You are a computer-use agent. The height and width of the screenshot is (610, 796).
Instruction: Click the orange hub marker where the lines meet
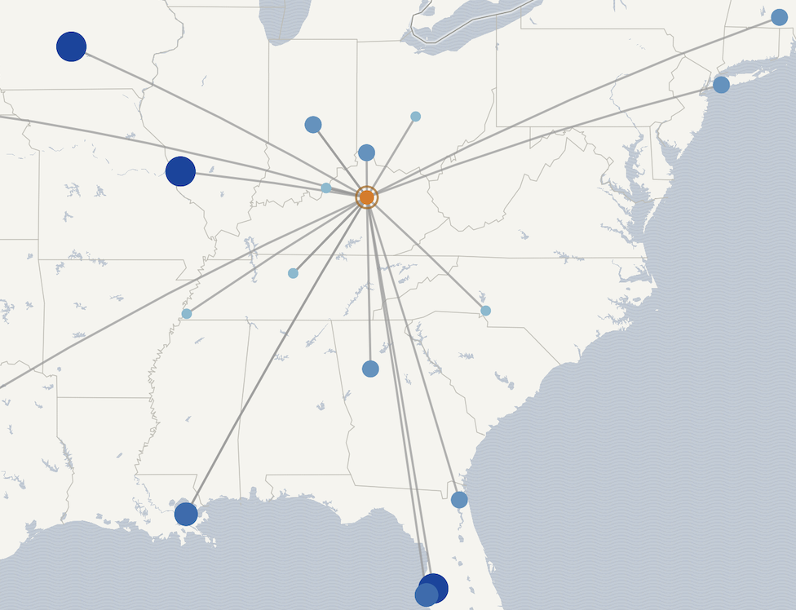367,197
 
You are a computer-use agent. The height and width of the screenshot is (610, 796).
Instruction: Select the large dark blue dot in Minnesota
71,46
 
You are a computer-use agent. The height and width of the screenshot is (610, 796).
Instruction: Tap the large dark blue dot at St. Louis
180,171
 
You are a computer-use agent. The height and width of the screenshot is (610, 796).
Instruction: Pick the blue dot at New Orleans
186,514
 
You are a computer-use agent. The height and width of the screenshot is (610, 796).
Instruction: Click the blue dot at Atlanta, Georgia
370,369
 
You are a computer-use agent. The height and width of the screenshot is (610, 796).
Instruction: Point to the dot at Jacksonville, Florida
459,500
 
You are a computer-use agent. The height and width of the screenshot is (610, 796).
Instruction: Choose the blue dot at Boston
779,17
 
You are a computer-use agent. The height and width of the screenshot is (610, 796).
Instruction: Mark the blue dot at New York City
721,85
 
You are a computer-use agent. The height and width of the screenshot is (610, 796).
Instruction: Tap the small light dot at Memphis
187,313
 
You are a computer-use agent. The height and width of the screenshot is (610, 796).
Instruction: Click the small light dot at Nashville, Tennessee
293,273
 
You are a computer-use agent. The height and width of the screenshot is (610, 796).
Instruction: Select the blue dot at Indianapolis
313,125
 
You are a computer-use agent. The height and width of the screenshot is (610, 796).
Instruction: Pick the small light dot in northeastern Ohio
415,117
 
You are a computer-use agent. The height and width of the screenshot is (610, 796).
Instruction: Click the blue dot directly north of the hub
366,152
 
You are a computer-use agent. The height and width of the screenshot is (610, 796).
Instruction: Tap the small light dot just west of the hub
326,188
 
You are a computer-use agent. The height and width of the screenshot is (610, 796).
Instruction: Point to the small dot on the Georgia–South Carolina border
486,311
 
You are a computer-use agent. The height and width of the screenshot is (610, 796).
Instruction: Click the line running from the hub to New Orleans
277,354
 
